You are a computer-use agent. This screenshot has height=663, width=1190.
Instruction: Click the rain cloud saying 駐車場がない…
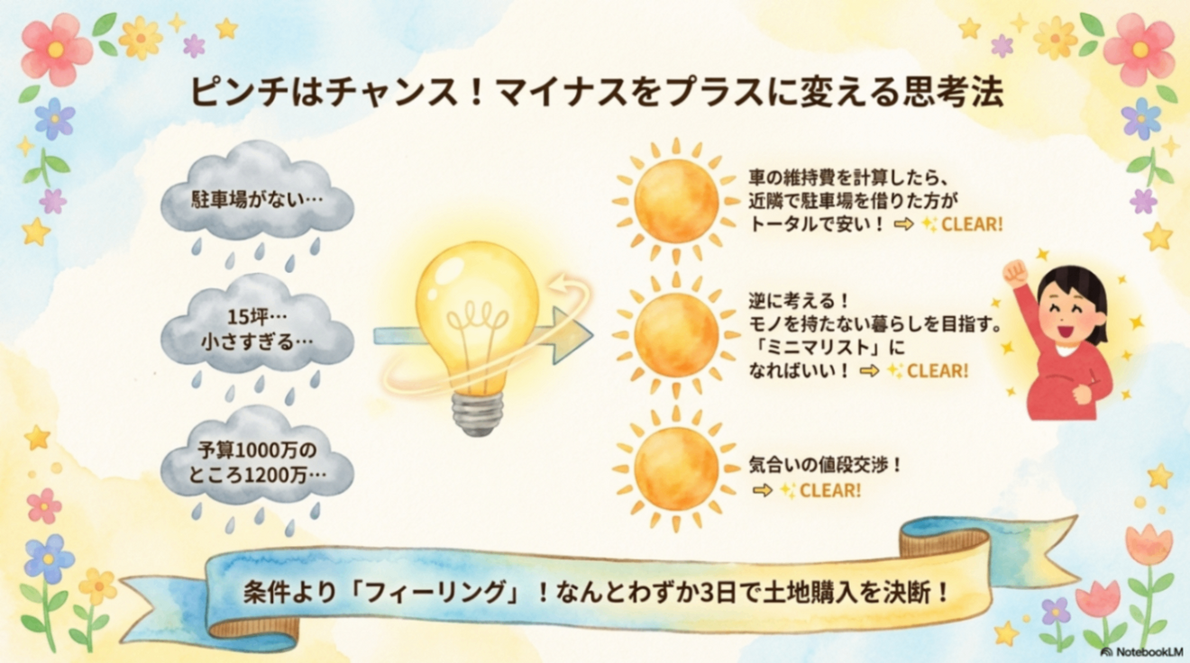(x=258, y=197)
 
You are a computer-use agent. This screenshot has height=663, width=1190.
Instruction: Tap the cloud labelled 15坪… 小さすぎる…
(x=258, y=330)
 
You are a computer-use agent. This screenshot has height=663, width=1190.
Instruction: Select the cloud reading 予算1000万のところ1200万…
(x=258, y=460)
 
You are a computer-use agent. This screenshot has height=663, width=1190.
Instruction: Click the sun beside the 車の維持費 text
(x=675, y=200)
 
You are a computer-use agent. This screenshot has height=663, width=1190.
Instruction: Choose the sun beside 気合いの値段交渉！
(x=675, y=468)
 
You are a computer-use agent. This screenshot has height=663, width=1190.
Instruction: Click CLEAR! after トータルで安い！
(x=971, y=224)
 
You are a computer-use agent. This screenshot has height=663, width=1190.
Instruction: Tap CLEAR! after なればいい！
(x=937, y=370)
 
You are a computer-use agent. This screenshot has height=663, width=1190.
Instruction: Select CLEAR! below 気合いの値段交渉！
(x=829, y=490)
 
